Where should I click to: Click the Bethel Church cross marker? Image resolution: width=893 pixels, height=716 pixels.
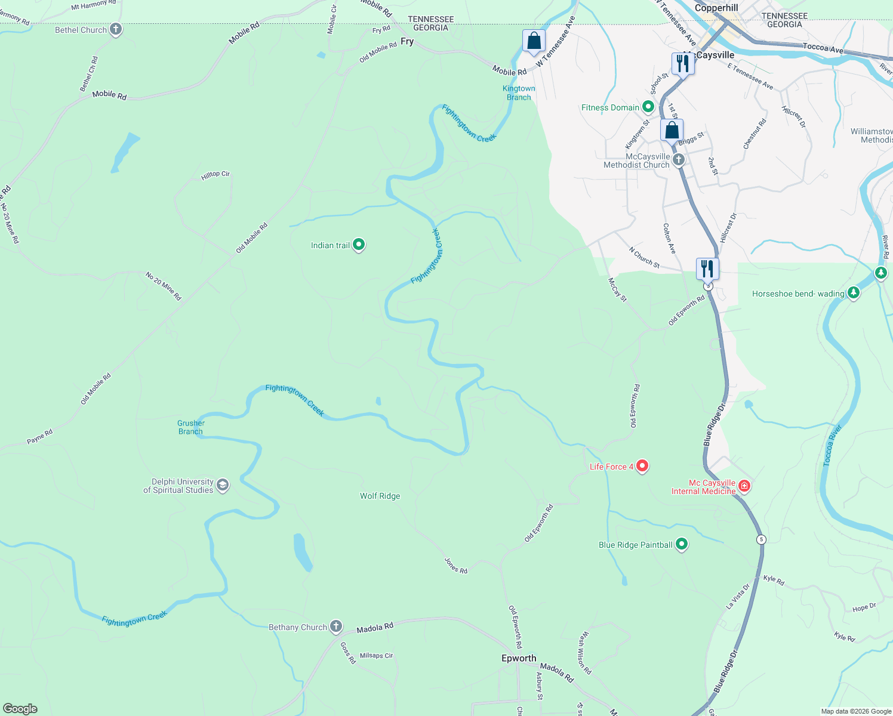click(116, 29)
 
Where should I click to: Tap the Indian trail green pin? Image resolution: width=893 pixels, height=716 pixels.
click(359, 245)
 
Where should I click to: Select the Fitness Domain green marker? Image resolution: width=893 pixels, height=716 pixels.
click(648, 107)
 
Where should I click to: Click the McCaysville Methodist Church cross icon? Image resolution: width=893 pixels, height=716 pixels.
click(679, 160)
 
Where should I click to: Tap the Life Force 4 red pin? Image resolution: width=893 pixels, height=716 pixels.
click(642, 465)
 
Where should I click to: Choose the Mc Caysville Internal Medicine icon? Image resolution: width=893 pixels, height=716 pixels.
click(744, 486)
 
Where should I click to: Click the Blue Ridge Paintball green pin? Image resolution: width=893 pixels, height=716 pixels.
click(682, 544)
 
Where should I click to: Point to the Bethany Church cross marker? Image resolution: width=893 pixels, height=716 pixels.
click(336, 626)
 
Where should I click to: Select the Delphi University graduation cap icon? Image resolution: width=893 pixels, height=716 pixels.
click(223, 485)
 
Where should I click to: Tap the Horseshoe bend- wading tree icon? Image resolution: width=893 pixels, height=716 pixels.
click(854, 293)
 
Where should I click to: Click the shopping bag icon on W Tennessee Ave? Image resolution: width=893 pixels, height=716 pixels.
click(534, 41)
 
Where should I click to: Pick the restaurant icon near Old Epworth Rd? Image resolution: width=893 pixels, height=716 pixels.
click(707, 269)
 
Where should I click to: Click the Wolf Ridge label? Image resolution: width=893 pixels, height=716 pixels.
click(380, 496)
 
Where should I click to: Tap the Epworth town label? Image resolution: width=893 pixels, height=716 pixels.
click(519, 658)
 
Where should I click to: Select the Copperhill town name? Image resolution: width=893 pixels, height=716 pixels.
click(716, 8)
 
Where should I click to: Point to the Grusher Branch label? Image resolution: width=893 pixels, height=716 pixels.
click(190, 427)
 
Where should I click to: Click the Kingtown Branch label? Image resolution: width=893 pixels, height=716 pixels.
click(519, 92)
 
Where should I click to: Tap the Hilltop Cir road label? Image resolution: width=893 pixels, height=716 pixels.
click(215, 174)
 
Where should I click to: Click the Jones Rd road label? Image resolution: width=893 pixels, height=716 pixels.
click(456, 566)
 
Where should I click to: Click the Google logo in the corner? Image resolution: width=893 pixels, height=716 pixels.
click(20, 708)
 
